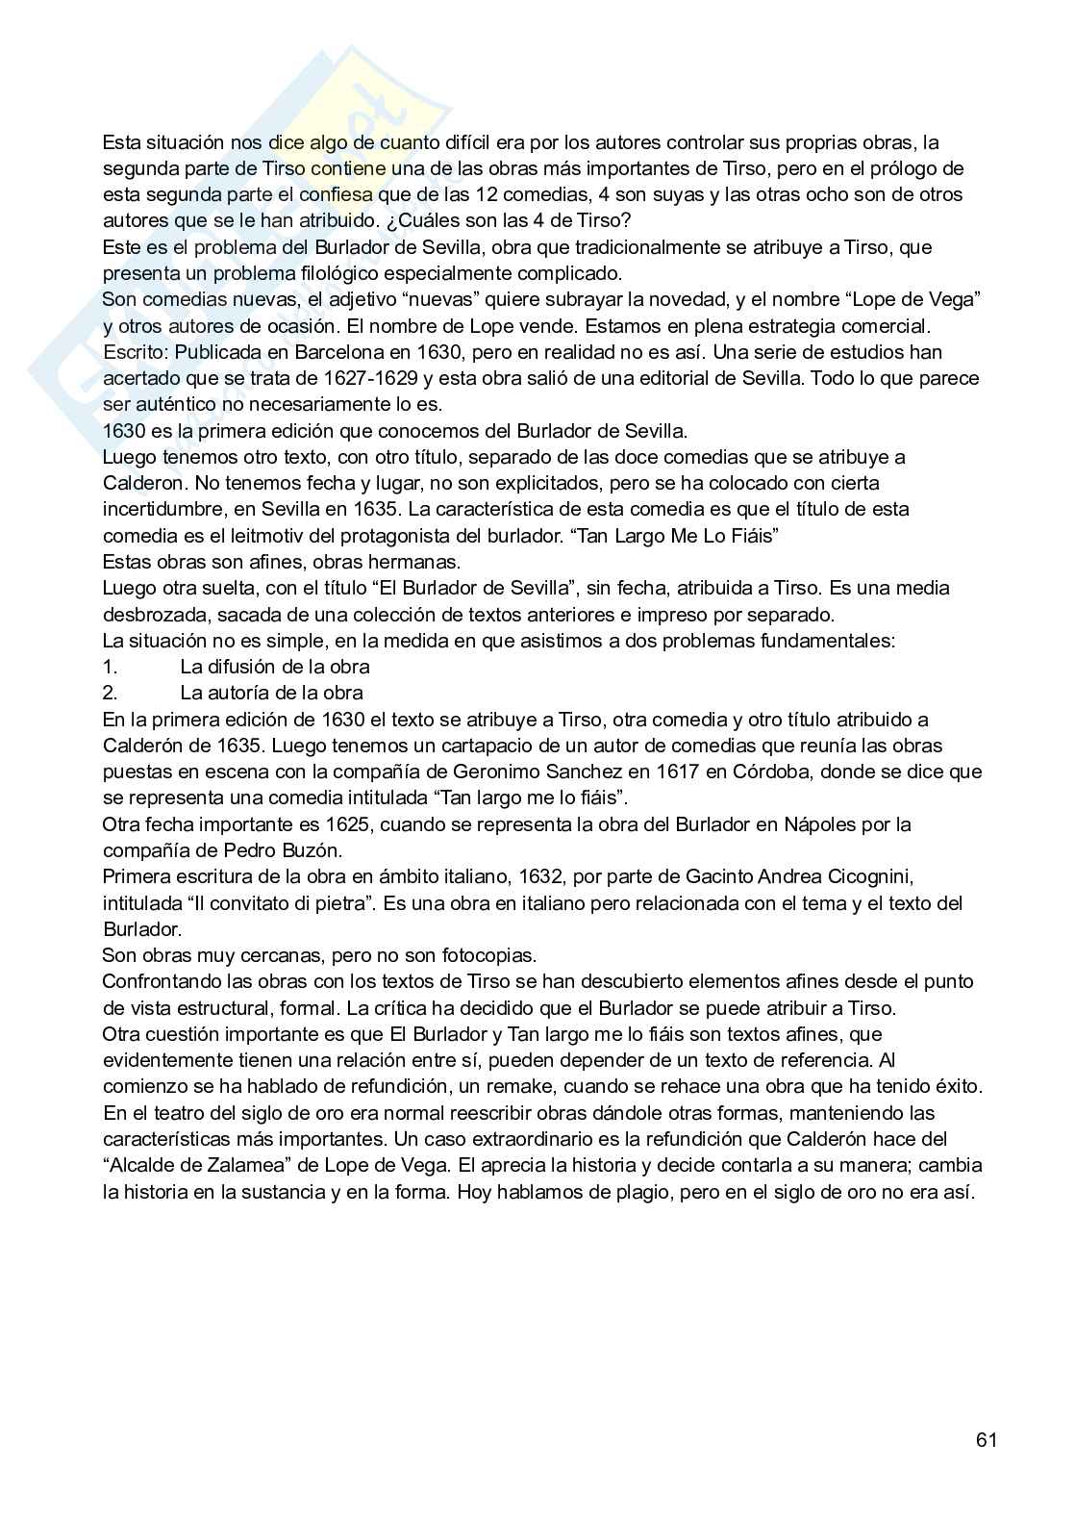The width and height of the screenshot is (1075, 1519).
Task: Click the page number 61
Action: coord(986,1439)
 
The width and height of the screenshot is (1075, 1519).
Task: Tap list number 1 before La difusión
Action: coord(109,667)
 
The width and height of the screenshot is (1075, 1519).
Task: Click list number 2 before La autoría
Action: coord(109,693)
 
